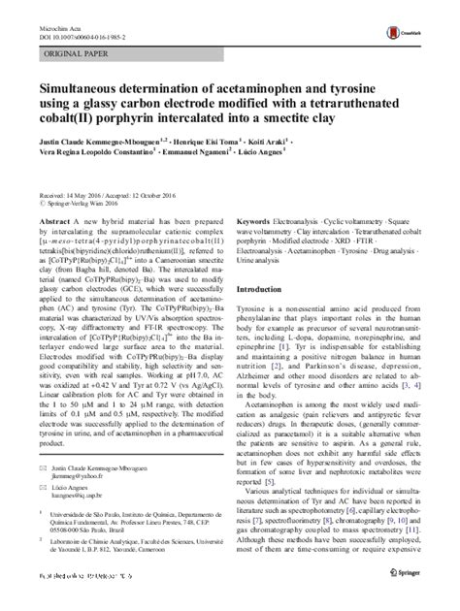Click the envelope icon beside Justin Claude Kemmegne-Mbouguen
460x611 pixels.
click(x=42, y=497)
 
